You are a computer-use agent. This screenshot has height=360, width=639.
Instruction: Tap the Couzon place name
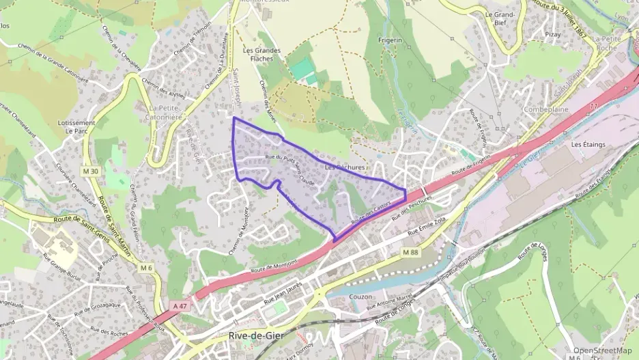[360, 297]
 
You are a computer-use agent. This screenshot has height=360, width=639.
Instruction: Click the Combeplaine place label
[545, 109]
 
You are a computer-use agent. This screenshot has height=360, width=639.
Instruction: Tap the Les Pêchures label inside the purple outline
[345, 167]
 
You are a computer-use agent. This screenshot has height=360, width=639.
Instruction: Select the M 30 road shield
[93, 171]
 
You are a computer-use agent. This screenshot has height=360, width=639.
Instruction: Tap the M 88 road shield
[410, 253]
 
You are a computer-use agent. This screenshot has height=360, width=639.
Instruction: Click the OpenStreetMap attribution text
[602, 350]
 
